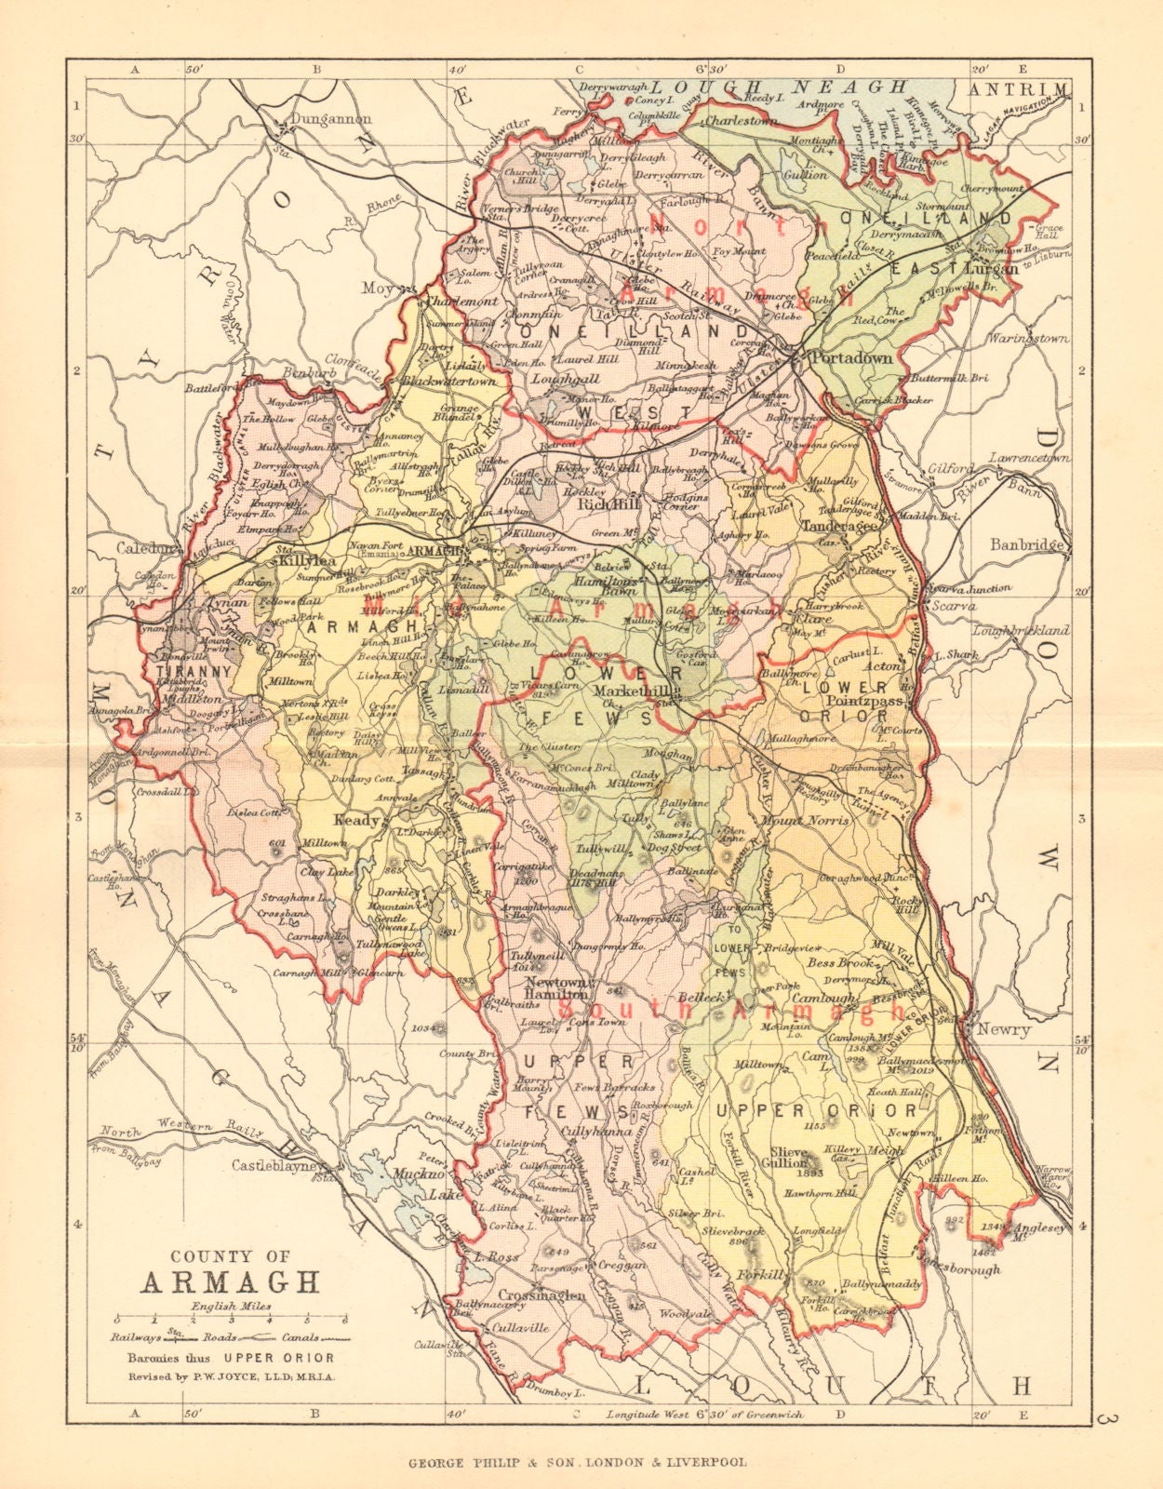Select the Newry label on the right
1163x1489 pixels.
(1003, 1029)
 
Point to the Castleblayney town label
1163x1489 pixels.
(275, 1165)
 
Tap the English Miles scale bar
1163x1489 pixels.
(229, 1320)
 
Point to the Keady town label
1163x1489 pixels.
(356, 820)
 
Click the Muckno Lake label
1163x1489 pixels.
(414, 1181)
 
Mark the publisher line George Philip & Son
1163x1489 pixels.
(577, 1462)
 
